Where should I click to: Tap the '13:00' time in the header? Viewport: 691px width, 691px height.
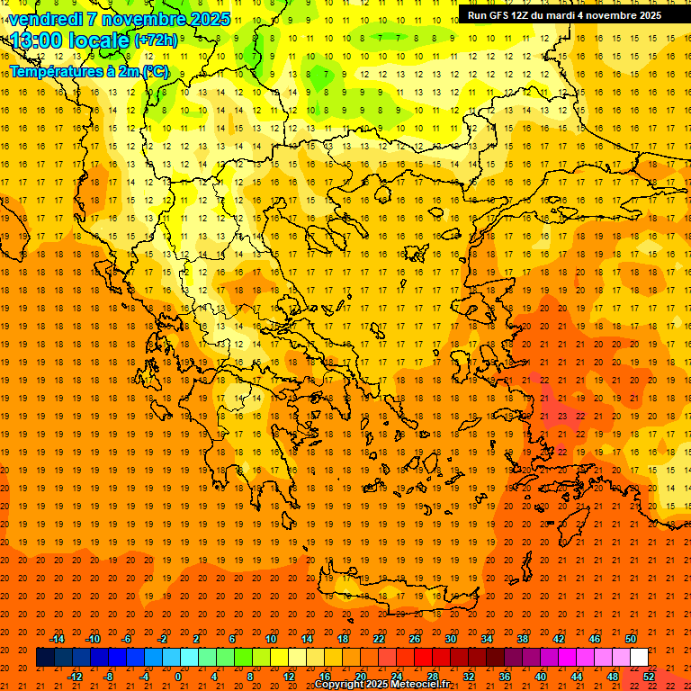[36, 40]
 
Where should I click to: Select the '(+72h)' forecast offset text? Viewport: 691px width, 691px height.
[155, 40]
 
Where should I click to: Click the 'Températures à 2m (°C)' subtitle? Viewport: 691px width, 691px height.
[88, 71]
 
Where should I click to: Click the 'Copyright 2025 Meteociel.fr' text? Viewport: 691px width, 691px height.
[382, 685]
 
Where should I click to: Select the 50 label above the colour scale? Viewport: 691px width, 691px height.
[630, 639]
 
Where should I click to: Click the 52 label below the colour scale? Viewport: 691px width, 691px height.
[649, 677]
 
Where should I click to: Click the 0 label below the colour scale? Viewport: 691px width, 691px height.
[178, 677]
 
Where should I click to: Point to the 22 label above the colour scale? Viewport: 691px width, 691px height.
[379, 639]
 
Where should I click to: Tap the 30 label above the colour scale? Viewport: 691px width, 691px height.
[450, 639]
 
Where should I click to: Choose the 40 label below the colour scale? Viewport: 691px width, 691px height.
[541, 677]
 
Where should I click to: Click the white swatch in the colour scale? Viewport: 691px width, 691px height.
[639, 658]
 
